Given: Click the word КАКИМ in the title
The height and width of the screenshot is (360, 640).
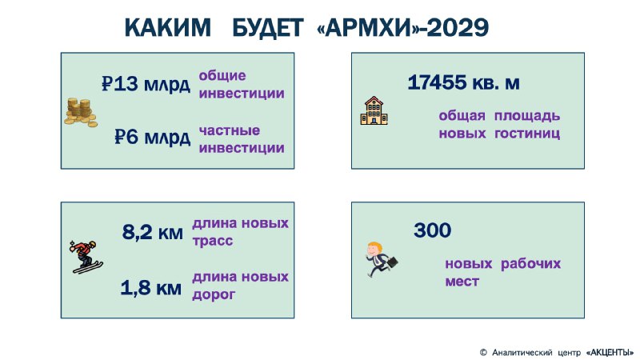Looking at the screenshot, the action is click(x=167, y=28).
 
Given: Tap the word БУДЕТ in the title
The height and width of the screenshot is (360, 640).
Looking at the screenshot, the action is click(x=268, y=28).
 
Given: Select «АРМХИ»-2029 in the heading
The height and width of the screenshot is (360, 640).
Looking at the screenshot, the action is click(x=402, y=28).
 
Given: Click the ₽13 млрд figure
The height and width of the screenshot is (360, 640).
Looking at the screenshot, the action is click(x=146, y=84).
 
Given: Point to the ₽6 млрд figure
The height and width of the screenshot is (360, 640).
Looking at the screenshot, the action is click(x=152, y=137).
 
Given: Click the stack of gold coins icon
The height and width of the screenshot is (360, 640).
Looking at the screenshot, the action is click(x=81, y=112).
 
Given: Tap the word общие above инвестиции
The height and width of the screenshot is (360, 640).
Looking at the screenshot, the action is click(x=222, y=76).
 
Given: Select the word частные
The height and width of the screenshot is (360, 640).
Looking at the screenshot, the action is click(x=230, y=130).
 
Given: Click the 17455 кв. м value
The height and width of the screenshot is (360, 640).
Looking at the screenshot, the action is click(x=464, y=82).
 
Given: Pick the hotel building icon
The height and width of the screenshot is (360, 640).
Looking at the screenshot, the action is click(x=374, y=110).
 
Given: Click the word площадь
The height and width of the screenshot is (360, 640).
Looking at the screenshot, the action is click(x=527, y=116).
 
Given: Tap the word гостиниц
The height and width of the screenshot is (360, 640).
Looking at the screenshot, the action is click(x=527, y=134).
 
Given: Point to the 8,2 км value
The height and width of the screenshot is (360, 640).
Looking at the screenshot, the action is click(x=153, y=232).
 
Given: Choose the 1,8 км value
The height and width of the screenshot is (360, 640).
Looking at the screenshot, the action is click(x=151, y=288).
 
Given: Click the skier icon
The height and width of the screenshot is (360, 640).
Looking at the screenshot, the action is click(x=86, y=257).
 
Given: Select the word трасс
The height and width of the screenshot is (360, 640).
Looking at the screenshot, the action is click(x=213, y=242).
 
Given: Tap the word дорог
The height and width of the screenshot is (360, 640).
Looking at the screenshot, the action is click(x=214, y=294).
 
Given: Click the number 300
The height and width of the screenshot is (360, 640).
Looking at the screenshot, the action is click(x=433, y=230).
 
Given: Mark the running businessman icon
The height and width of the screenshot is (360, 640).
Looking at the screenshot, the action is click(x=382, y=259).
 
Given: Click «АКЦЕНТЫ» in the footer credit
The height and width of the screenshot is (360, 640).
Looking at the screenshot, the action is click(x=610, y=352).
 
